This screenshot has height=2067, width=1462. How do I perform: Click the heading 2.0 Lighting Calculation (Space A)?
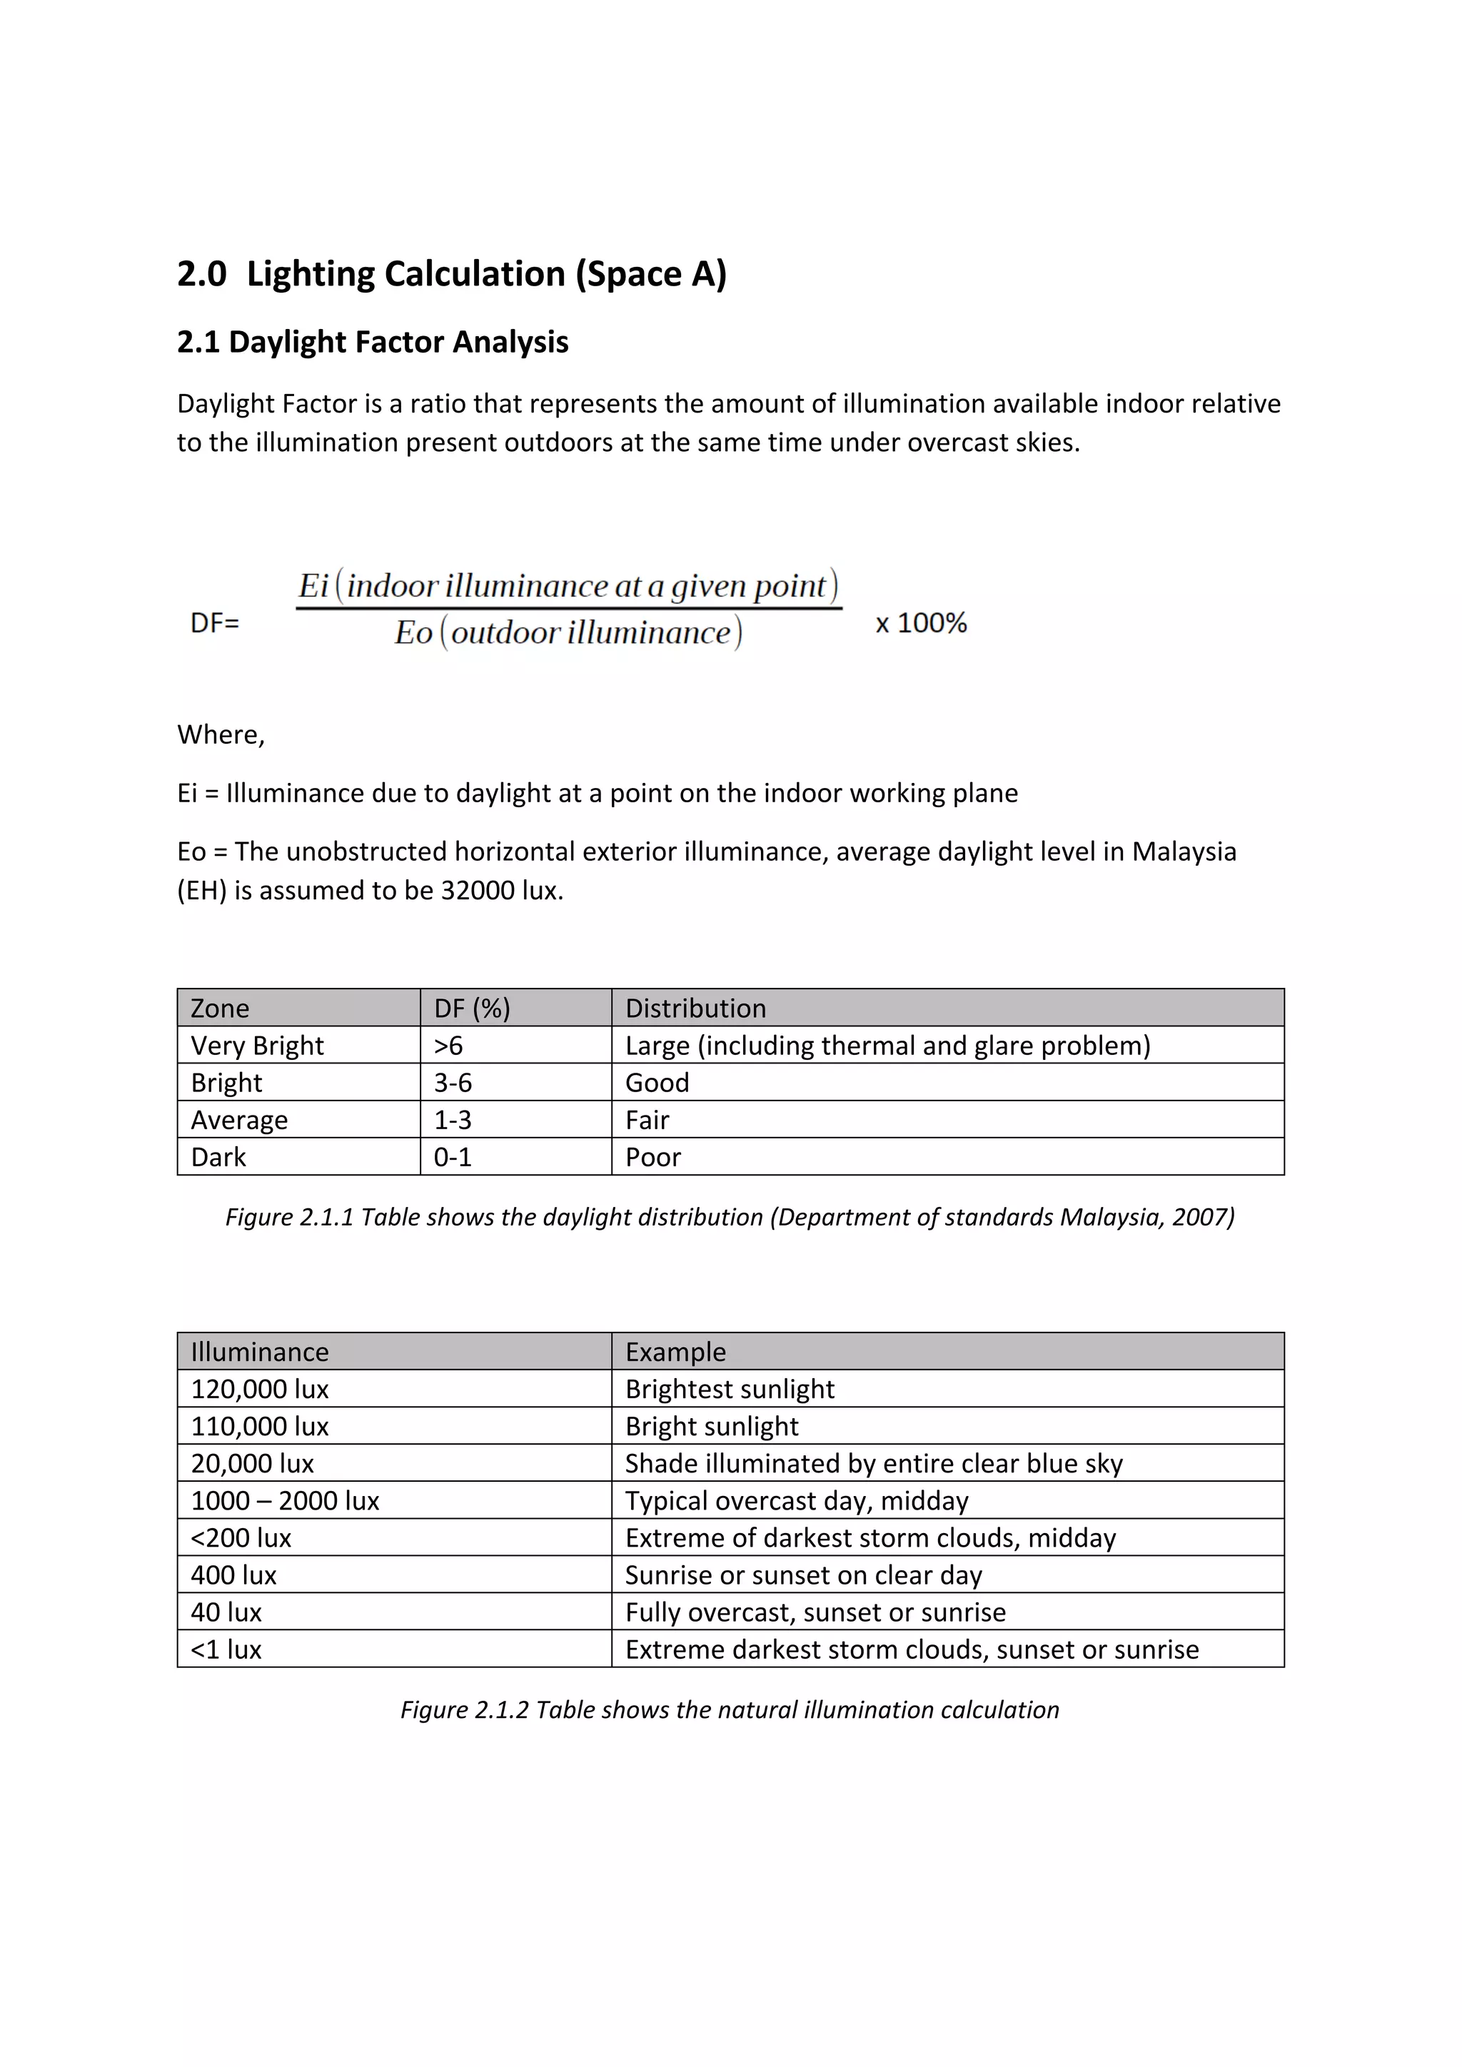point(451,273)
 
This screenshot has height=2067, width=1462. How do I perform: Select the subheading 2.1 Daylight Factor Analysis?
point(372,342)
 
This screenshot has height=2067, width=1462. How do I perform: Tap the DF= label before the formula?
point(214,623)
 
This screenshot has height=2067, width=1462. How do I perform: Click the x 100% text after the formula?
point(921,623)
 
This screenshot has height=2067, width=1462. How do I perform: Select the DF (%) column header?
point(472,1009)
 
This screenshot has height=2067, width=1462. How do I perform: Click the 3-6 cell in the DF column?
point(453,1083)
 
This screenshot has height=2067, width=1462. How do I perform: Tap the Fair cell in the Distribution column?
point(647,1120)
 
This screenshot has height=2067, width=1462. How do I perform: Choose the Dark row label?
point(218,1157)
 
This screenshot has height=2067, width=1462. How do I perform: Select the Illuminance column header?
point(259,1353)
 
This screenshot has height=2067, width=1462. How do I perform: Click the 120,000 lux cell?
point(259,1389)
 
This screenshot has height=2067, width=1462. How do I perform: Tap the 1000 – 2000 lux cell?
point(285,1501)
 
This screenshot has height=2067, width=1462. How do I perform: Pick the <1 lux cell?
point(226,1650)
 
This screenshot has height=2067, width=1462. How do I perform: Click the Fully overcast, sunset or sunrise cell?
point(815,1612)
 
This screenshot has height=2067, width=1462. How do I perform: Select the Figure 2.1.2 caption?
point(729,1709)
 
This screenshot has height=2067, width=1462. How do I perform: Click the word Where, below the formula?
point(221,734)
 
